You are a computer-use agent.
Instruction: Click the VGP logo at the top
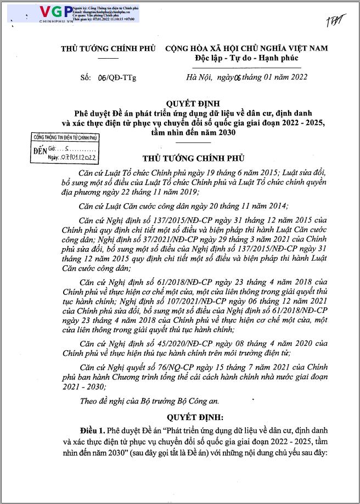55,12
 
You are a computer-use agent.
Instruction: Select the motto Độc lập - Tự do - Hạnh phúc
245,58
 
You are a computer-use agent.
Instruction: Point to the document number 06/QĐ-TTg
118,77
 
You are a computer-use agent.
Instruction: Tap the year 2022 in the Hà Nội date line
296,77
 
